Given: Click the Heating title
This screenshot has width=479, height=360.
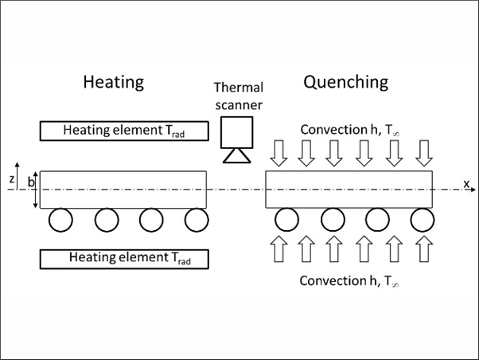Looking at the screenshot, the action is point(114,83).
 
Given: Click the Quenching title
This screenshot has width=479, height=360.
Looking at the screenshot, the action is point(346,83).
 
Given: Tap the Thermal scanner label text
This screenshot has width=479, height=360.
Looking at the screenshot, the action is point(239,96).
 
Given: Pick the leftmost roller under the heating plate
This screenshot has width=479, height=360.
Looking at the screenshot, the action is point(60,220).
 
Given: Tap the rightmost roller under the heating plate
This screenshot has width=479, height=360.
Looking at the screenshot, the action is point(197,220).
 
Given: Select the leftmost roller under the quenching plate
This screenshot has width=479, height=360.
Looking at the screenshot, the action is point(287,220).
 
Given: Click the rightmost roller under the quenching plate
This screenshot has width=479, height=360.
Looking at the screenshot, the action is point(423,220).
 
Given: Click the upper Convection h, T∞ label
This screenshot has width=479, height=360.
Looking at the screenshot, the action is point(350,130).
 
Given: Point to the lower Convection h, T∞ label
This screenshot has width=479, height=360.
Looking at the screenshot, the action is point(349,281).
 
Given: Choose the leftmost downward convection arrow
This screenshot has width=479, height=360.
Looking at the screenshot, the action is point(278,153).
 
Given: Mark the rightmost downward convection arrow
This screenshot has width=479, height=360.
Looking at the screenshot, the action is point(424,153).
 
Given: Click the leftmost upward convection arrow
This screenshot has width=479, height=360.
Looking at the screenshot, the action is point(278,249).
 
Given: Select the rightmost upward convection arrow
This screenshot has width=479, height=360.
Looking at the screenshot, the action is point(424,249).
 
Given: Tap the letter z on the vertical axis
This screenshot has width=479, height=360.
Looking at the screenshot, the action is point(12,179).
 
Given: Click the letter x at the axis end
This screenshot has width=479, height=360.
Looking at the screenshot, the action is point(466,183).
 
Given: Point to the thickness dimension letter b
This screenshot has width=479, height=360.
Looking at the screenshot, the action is point(31,182).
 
